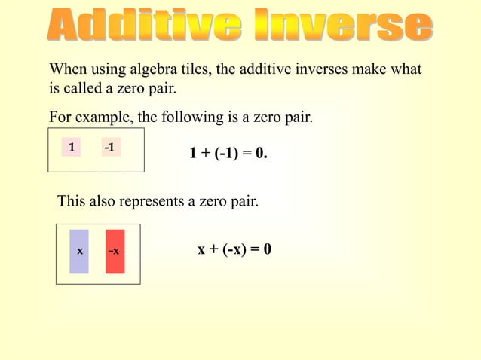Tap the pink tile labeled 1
tap(71, 148)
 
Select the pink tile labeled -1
tap(110, 147)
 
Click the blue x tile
tap(79, 251)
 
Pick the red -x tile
tap(115, 251)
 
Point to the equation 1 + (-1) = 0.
tap(228, 154)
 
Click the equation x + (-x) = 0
tap(234, 249)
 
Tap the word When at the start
tap(67, 70)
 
